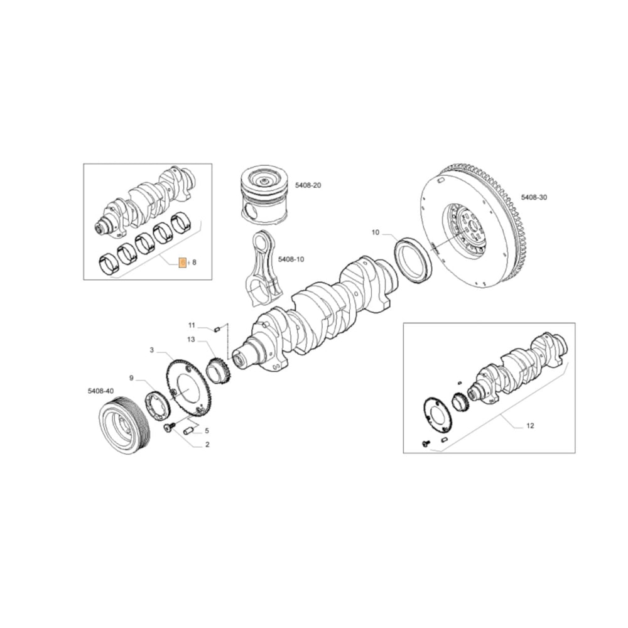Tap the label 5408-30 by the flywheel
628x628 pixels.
pos(534,197)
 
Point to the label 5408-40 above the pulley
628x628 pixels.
pos(100,391)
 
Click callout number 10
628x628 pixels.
pos(376,233)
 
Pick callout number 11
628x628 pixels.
pos(192,325)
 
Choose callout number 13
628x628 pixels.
pos(191,340)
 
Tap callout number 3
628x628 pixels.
pos(151,350)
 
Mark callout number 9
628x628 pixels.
pos(131,377)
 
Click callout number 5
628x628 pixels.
pos(207,431)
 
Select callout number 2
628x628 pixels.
pos(207,445)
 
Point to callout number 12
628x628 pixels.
pos(529,426)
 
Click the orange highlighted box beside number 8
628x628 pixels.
pos(181,263)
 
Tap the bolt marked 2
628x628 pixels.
pos(168,428)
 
